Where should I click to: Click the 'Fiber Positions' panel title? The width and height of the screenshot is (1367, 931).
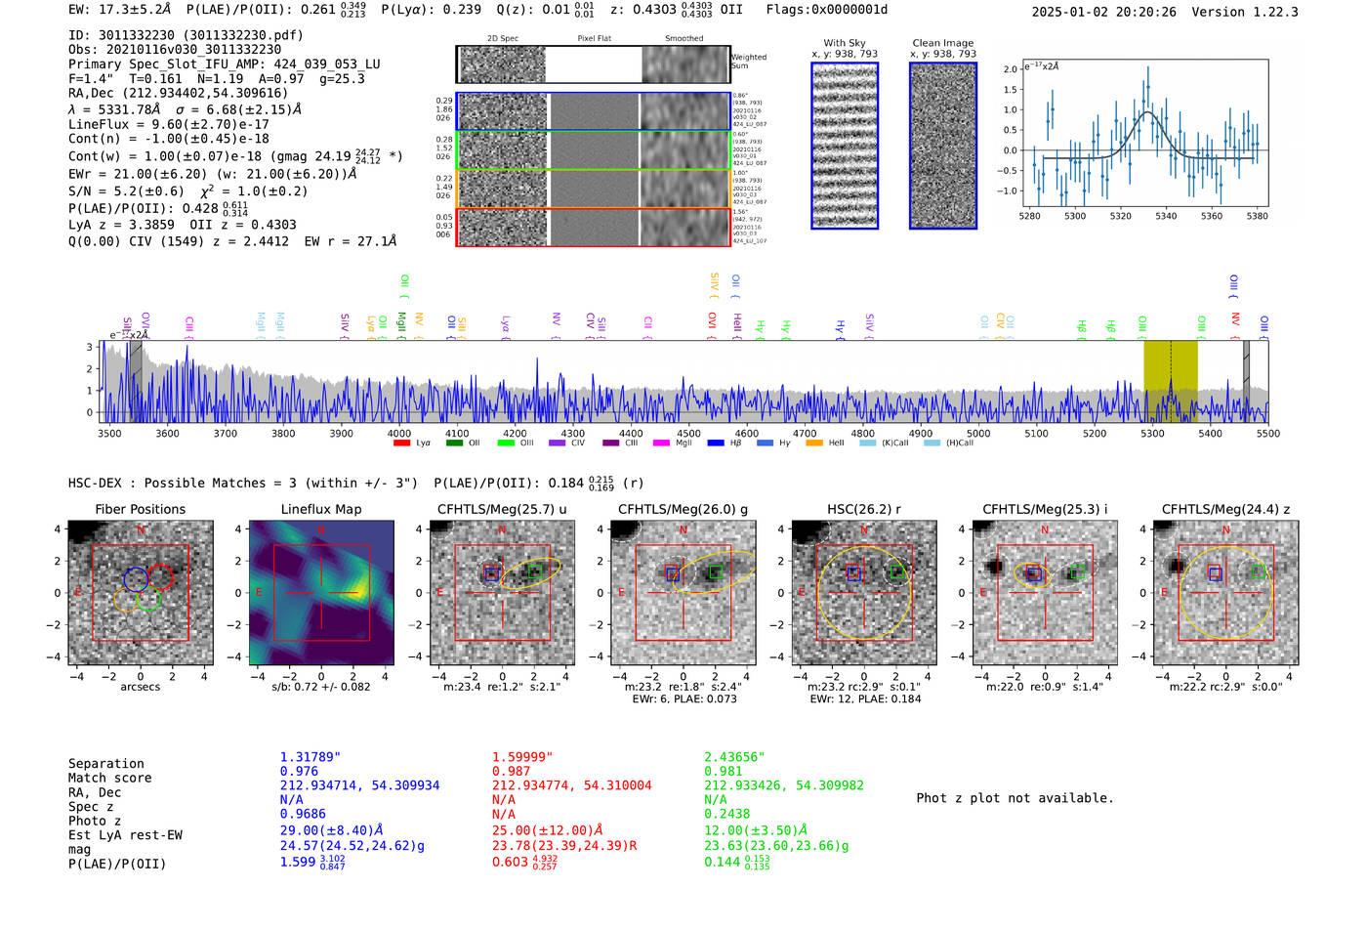(x=140, y=509)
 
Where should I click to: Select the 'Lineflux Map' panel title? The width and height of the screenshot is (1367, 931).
(x=320, y=509)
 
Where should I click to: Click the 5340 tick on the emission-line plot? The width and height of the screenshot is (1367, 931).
(x=1166, y=216)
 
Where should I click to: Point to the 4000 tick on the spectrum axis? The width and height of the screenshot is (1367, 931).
(x=398, y=433)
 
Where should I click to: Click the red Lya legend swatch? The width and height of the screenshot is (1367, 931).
(x=401, y=444)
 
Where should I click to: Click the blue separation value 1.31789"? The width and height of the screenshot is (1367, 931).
(x=310, y=757)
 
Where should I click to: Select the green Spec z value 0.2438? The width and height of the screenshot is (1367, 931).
(x=726, y=814)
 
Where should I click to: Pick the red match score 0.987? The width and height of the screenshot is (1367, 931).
(x=511, y=772)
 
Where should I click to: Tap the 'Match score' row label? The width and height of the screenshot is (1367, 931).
(x=109, y=778)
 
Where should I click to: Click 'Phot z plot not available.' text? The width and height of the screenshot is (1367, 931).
(x=1015, y=798)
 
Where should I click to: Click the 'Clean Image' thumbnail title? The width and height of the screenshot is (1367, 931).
(x=942, y=43)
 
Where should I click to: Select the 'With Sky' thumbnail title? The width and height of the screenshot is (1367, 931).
(x=844, y=43)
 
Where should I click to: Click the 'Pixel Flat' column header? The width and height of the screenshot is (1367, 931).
(x=594, y=39)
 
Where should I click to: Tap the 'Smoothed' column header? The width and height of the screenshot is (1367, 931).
(x=683, y=39)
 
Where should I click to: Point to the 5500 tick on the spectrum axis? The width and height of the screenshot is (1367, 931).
(x=1267, y=433)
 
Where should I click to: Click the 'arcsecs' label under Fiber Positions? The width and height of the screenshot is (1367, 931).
(x=140, y=687)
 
